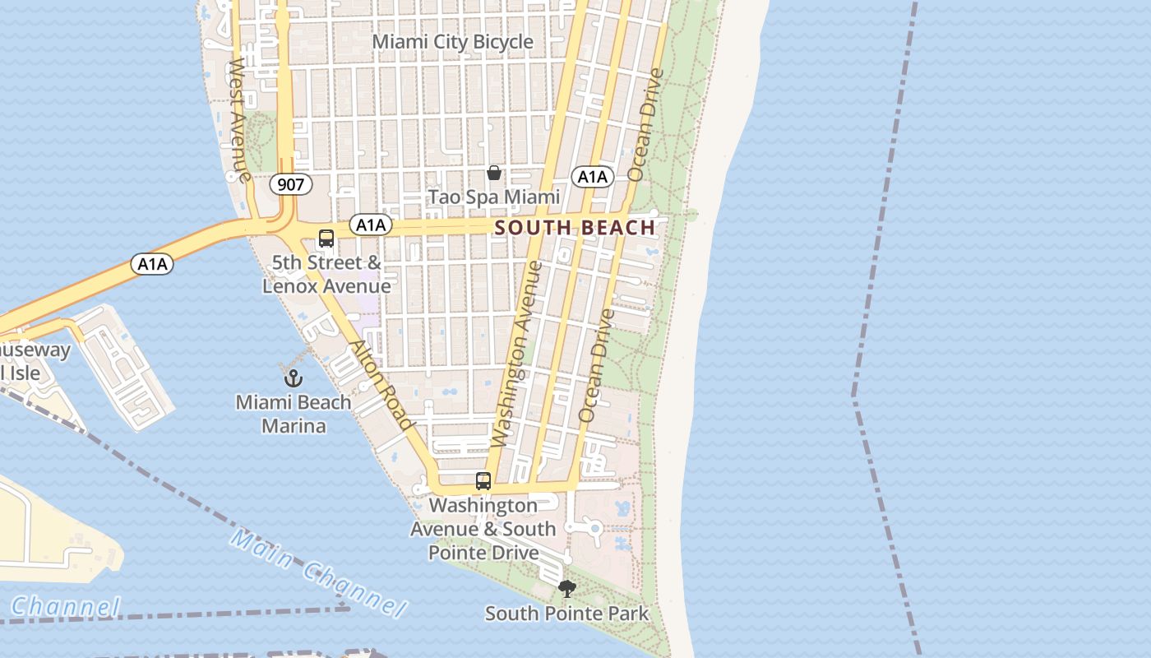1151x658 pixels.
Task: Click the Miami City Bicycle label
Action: point(453,41)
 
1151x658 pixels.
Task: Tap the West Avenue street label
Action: point(238,119)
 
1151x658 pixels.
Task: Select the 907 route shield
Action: point(291,184)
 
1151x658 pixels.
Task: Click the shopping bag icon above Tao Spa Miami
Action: point(494,173)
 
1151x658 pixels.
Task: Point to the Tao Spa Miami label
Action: point(494,197)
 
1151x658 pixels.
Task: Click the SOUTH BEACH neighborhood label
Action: point(575,228)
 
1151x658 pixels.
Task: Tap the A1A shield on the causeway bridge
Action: point(152,264)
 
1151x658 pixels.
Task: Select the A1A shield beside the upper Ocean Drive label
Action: point(592,176)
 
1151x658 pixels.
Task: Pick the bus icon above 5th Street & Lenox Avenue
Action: point(326,239)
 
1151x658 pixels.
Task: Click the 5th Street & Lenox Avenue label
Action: point(327,275)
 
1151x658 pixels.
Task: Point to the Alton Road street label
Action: point(381,384)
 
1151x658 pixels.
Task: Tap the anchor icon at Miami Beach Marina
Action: point(294,378)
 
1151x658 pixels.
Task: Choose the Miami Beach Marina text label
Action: point(294,415)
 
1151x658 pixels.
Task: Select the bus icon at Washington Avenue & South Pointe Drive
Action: point(483,481)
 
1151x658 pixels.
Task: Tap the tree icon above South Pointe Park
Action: point(566,589)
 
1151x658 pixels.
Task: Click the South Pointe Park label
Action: point(566,614)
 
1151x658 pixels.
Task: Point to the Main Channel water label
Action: point(317,574)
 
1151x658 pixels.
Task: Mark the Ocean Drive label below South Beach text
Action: point(597,365)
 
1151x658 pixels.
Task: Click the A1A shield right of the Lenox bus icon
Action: point(370,224)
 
